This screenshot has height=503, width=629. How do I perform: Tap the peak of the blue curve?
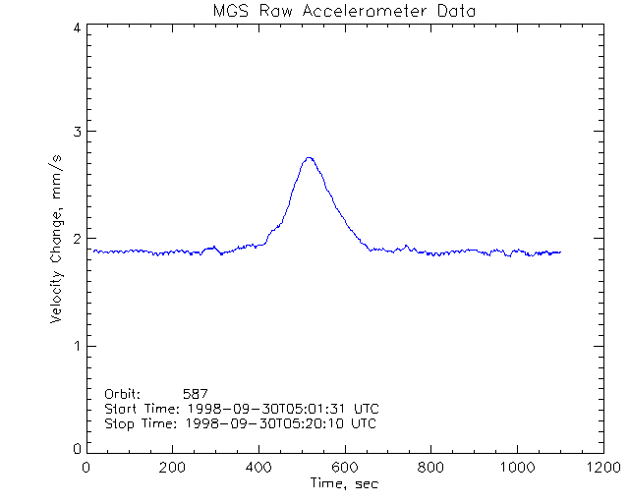(x=310, y=157)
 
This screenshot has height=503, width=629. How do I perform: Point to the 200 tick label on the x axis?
(x=172, y=468)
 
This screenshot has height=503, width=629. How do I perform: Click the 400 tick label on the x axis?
(x=258, y=468)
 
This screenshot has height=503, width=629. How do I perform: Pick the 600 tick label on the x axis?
(x=344, y=468)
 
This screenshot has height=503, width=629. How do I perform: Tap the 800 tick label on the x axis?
(x=430, y=468)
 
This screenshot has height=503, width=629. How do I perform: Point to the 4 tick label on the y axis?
(x=76, y=28)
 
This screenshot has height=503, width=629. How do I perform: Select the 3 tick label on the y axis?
(x=76, y=132)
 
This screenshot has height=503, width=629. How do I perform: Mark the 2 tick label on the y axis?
(x=76, y=239)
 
